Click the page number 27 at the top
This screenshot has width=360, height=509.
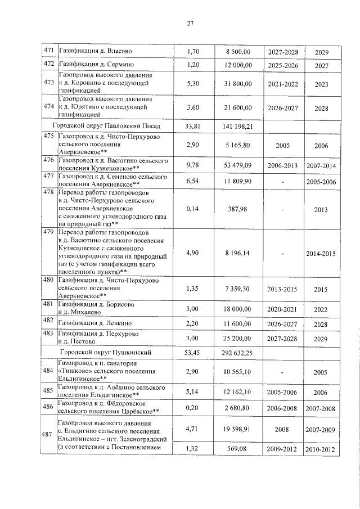click(x=190, y=23)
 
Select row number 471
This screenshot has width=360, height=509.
click(x=49, y=52)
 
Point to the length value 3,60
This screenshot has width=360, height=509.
click(x=193, y=107)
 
